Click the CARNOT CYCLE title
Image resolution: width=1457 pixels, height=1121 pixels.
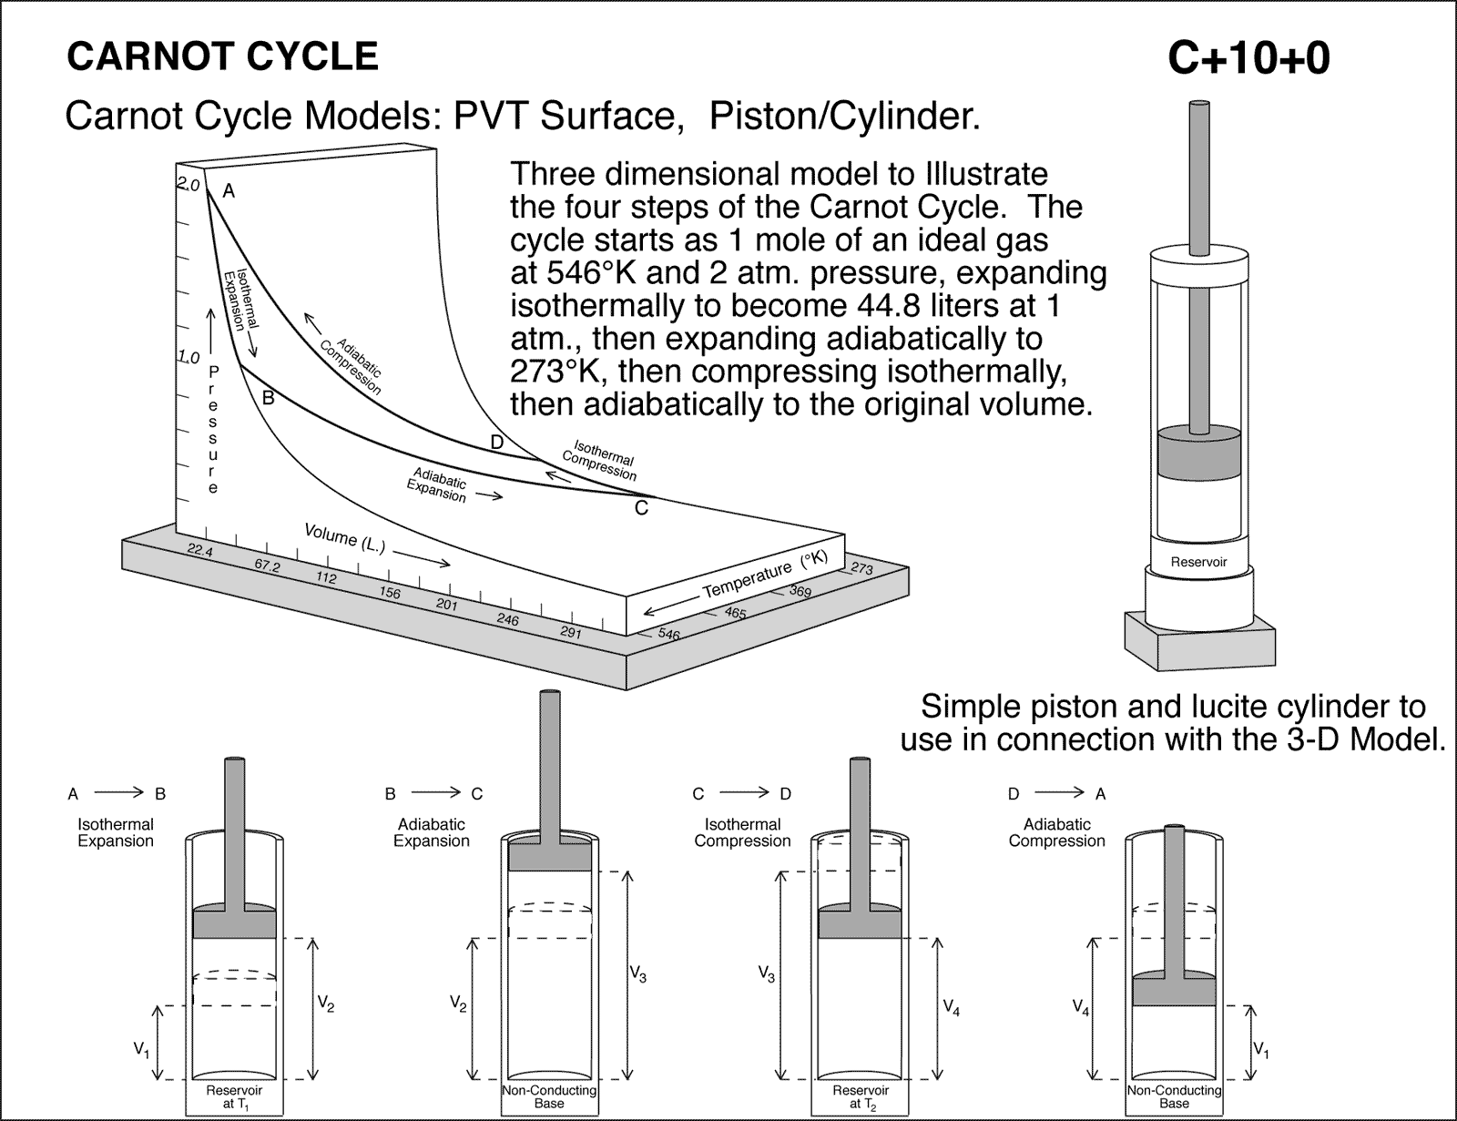[x=222, y=56]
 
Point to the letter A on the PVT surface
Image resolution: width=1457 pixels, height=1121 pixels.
[x=229, y=191]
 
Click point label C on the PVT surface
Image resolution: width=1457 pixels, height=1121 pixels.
[x=641, y=508]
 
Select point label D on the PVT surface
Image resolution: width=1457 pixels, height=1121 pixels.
[x=496, y=443]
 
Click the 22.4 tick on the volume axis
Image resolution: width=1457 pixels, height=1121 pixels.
[x=199, y=549]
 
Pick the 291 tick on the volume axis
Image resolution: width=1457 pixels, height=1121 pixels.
[x=570, y=632]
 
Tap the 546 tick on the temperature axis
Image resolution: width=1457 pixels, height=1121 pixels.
[x=668, y=634]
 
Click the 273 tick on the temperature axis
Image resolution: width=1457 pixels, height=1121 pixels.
[x=861, y=569]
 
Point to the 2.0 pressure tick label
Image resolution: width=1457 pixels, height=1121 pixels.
[x=188, y=185]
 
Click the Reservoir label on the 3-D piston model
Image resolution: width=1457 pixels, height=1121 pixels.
[x=1198, y=562]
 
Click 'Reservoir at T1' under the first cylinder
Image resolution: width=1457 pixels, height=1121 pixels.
[x=235, y=1096]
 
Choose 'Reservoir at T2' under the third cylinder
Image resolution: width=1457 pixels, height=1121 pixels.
[x=861, y=1096]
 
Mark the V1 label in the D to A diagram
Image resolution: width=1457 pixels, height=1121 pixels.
[x=1261, y=1050]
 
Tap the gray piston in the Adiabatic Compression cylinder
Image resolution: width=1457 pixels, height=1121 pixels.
[x=1174, y=989]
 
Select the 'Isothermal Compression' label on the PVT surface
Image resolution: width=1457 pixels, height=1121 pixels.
[x=600, y=461]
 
